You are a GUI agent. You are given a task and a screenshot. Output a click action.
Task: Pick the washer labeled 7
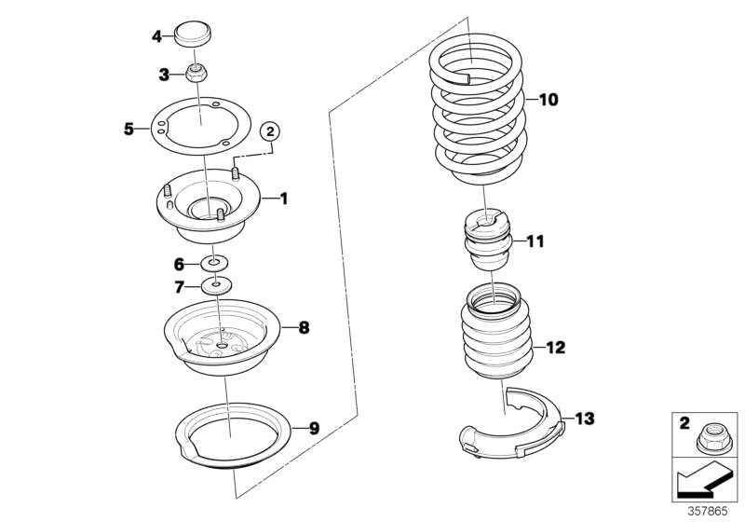(x=215, y=284)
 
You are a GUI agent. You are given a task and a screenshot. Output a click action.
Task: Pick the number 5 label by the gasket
(x=129, y=129)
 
